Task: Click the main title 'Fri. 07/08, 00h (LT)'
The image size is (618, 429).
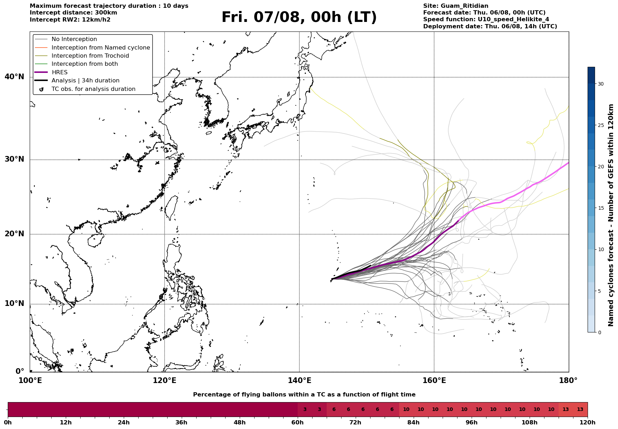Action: (299, 17)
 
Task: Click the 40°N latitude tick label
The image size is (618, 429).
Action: (14, 77)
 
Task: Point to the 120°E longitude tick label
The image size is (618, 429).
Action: (164, 381)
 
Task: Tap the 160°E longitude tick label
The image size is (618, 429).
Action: (434, 381)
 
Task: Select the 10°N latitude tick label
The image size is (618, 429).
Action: (14, 303)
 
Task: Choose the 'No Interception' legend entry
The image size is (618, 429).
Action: (66, 39)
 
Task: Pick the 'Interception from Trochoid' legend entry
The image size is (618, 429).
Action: (82, 56)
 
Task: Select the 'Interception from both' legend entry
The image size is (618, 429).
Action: (76, 64)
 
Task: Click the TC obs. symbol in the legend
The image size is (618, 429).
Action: (41, 89)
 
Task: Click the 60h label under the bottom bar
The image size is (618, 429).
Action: (298, 422)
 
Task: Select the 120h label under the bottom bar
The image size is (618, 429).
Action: (588, 422)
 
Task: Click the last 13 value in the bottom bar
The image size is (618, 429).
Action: (580, 410)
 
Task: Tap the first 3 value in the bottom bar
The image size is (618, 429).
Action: (305, 410)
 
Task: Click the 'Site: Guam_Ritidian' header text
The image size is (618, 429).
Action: (456, 6)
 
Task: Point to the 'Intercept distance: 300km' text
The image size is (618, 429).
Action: (74, 13)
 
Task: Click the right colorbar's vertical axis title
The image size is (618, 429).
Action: (611, 215)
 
